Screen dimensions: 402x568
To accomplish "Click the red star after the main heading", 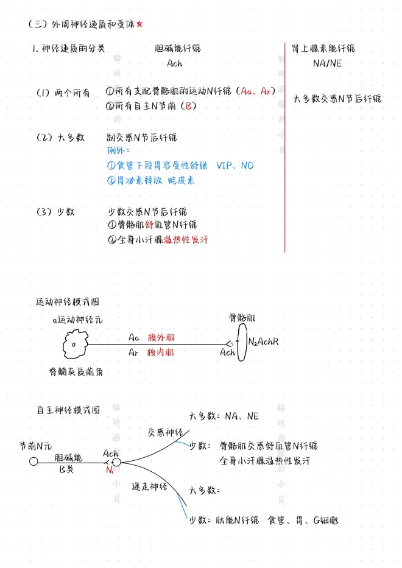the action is pos(139,24).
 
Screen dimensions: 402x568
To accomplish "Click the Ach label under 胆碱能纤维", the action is pos(175,63).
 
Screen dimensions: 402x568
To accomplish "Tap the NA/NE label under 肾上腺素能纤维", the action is pos(327,63).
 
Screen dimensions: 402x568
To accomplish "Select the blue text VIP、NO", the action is pos(235,166).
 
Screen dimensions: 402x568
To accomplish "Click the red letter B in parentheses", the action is pos(188,106).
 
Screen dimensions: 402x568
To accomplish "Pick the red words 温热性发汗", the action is pos(186,239).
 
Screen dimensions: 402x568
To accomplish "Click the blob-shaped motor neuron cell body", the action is pos(75,344).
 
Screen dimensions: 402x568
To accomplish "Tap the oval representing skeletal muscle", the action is pos(242,342).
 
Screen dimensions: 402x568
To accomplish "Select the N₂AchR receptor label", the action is pos(264,342).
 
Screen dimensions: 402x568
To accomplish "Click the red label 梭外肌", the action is pos(161,338).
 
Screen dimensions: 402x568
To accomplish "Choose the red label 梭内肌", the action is pos(161,352).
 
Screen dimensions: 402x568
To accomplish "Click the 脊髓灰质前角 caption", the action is pos(76,371).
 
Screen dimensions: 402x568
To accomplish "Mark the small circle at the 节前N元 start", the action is pos(33,461).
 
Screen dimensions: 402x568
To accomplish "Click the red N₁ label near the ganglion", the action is pos(110,470).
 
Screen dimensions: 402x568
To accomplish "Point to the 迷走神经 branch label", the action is pos(149,486).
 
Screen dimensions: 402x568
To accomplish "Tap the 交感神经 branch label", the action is pos(165,432).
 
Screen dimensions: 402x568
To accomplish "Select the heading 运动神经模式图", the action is pos(68,302).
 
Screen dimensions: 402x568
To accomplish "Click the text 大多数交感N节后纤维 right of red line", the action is pos(337,99).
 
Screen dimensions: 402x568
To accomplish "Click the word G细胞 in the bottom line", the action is pos(326,521).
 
